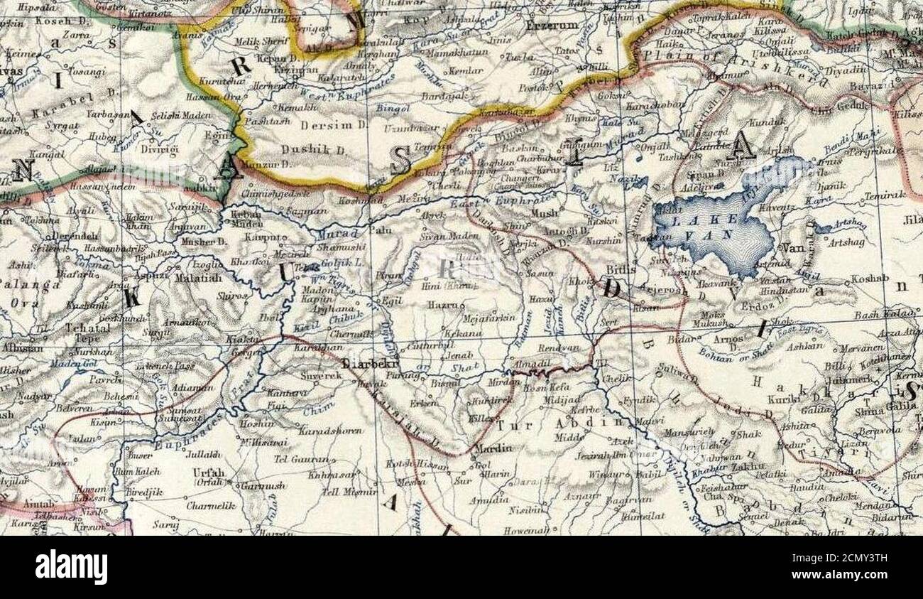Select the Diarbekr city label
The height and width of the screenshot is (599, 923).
click(x=368, y=363)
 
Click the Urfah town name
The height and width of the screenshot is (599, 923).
click(x=208, y=473)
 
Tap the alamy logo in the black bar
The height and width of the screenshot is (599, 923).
click(x=72, y=568)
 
